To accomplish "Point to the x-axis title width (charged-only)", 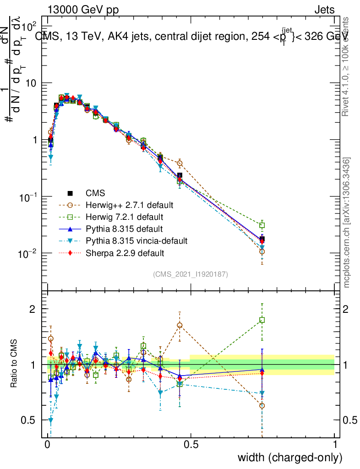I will (289, 458).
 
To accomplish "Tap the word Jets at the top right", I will (324, 10).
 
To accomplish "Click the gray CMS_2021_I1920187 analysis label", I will (191, 274).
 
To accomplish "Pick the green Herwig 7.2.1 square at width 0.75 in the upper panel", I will (262, 225).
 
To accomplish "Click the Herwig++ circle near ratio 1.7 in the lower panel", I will (180, 325).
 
